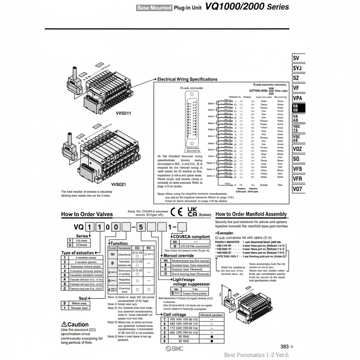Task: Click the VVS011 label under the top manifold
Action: pyautogui.click(x=123, y=113)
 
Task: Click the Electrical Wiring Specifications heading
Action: pyautogui.click(x=187, y=79)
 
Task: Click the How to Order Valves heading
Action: pyautogui.click(x=87, y=214)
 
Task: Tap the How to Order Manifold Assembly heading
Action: pyautogui.click(x=251, y=214)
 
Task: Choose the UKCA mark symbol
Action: pyautogui.click(x=192, y=212)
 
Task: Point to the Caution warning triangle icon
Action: pyautogui.click(x=64, y=324)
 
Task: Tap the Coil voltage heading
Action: pyautogui.click(x=175, y=314)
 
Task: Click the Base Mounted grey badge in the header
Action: pyautogui.click(x=154, y=7)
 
